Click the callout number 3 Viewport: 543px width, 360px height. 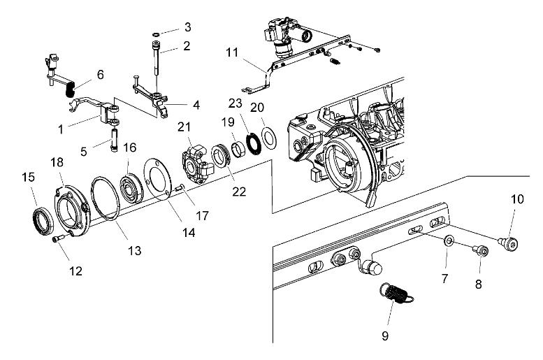[x=187, y=27]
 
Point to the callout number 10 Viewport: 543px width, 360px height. [x=516, y=199]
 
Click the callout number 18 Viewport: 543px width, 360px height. [x=57, y=161]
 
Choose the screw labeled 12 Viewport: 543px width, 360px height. [x=59, y=240]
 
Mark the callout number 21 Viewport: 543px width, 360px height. [x=184, y=127]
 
